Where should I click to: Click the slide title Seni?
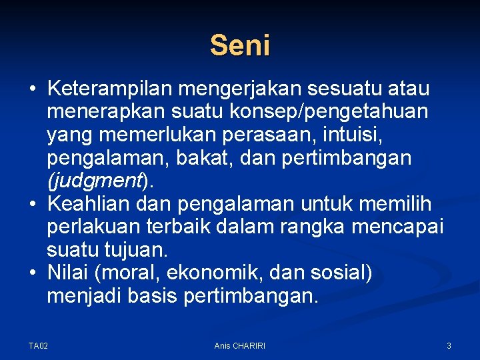[x=240, y=46]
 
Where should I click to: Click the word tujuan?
[x=147, y=251]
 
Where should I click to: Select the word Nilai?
[x=68, y=273]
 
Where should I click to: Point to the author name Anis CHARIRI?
[x=239, y=345]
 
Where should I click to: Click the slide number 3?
[x=449, y=345]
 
